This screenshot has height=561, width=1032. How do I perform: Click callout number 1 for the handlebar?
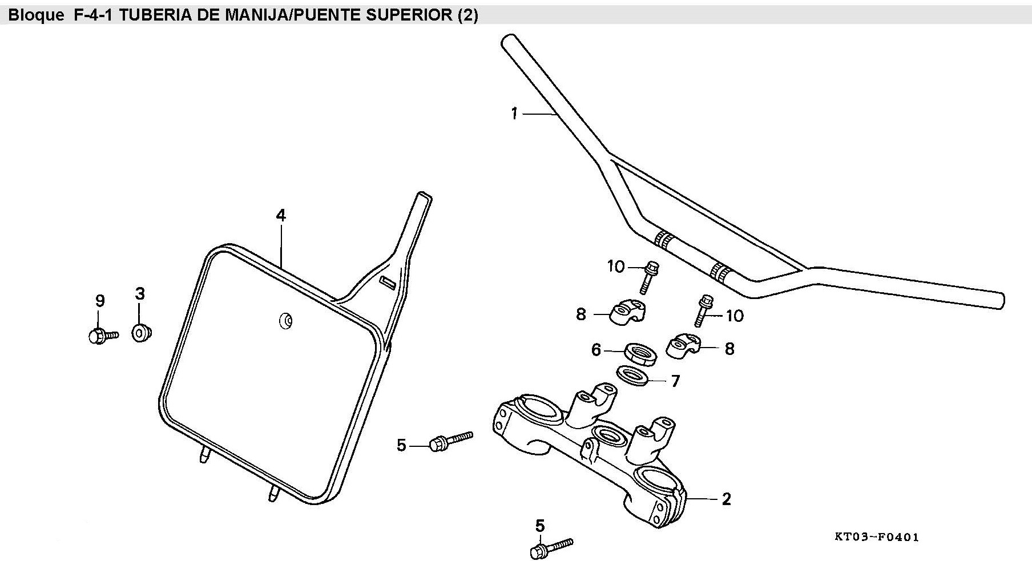(514, 114)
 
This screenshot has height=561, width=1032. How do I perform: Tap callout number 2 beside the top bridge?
(726, 499)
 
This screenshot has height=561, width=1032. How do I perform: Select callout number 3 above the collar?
(140, 294)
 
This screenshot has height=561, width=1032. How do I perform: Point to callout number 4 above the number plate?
(280, 215)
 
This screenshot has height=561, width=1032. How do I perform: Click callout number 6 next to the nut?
(596, 350)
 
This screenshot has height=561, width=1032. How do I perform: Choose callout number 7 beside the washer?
(675, 381)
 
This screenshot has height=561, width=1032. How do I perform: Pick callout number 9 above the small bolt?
(100, 301)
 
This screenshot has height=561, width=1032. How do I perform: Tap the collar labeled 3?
(140, 333)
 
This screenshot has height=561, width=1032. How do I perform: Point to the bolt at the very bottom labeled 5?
(551, 547)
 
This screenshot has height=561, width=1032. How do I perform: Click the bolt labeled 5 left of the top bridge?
(450, 441)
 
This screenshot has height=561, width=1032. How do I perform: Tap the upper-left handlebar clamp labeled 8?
(627, 312)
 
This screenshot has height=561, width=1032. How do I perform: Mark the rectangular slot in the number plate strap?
(387, 282)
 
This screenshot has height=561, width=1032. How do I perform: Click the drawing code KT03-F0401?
(876, 537)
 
